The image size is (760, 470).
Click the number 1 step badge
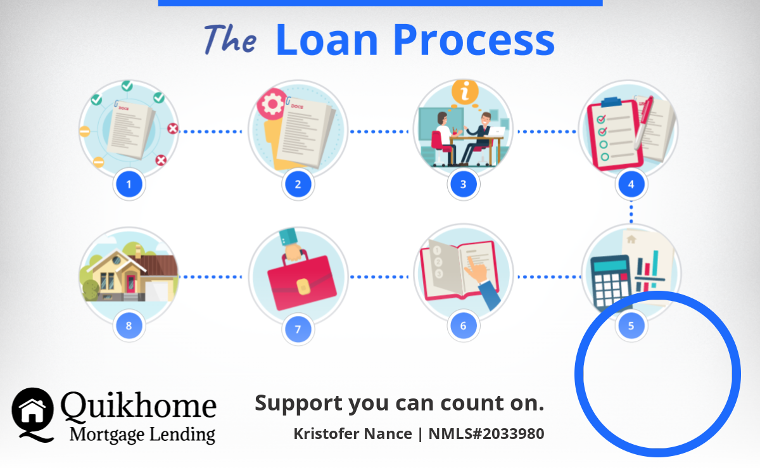129,184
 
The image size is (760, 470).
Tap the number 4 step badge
631,184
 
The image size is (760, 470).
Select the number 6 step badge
464,326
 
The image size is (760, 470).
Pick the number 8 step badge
129,326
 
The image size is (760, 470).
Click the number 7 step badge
298,329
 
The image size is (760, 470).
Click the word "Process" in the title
474,41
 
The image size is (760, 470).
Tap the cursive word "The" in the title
230,39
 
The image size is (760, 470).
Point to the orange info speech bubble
465,92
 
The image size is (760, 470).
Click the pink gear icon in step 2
272,104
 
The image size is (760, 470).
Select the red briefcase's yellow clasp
303,287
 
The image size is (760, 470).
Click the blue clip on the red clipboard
612,101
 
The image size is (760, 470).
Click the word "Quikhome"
139,405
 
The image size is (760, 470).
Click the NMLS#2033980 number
486,434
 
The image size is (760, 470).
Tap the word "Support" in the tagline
299,404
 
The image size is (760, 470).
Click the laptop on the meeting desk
496,131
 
